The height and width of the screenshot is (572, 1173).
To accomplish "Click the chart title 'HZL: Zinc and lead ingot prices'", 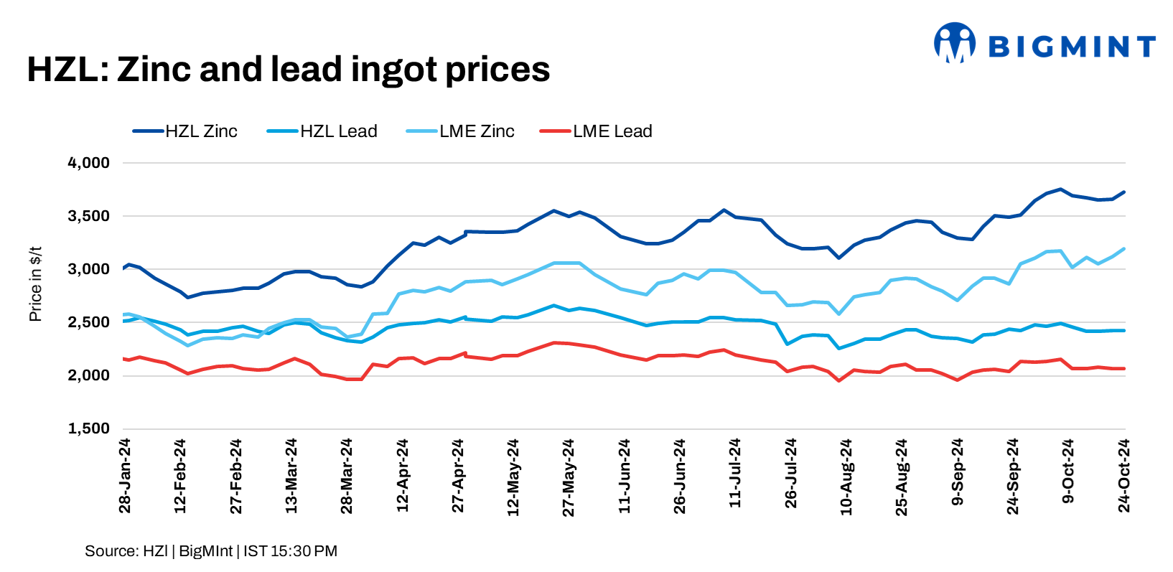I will pos(288,70).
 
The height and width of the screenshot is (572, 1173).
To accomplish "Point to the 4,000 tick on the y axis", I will pos(89,163).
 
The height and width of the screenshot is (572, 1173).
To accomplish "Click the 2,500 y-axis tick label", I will pos(89,322).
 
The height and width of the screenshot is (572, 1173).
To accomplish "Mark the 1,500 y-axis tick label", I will pos(89,428).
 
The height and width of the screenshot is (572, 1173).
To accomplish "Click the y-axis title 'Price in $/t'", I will pos(35,284).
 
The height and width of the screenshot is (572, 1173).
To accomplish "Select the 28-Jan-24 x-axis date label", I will pos(125,476).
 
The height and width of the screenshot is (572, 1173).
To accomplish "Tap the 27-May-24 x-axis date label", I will pos(569,477).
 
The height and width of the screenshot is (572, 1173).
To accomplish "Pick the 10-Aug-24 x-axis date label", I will pos(846,477).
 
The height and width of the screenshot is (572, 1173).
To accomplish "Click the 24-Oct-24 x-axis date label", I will pos(1124,476).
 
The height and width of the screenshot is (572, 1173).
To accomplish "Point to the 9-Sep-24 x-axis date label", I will pos(958,472).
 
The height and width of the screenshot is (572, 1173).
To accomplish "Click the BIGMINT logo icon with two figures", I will pos(955,42).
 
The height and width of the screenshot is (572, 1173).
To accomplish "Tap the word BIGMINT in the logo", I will pos(1072,47).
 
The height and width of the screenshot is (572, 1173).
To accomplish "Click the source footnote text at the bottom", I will pos(211,551).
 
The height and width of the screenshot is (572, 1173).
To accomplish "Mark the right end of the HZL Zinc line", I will pos(1124,192).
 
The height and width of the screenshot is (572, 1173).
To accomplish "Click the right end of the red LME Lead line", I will pos(1124,369).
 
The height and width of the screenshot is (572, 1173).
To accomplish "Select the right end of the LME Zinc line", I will pos(1124,249).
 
